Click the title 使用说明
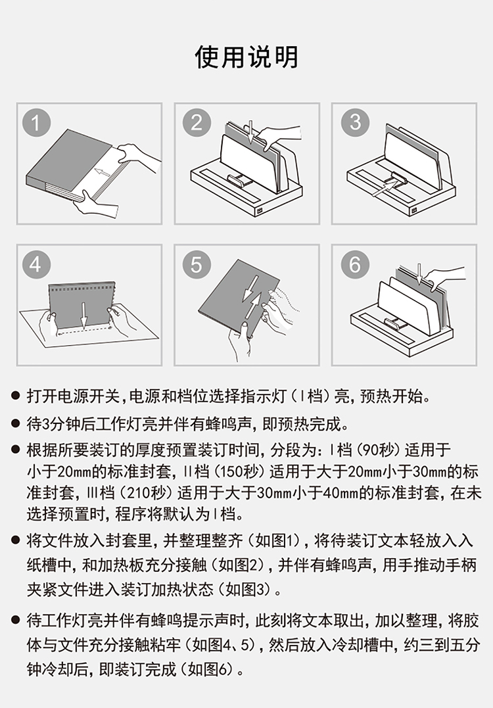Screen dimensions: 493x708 coord(246,57)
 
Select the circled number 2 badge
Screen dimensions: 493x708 coord(197,122)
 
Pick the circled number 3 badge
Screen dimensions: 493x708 coord(356,122)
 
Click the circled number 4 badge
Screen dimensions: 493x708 coord(37,265)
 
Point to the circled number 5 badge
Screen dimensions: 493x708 coord(197,265)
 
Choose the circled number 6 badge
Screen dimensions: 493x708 coord(356,265)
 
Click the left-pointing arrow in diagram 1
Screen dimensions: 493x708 coord(103,172)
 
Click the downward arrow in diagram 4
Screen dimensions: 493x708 coord(84,315)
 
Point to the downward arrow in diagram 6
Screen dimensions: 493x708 coord(420,275)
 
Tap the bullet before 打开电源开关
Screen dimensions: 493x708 coord(16,396)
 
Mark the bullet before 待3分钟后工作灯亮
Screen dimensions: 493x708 coord(16,424)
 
